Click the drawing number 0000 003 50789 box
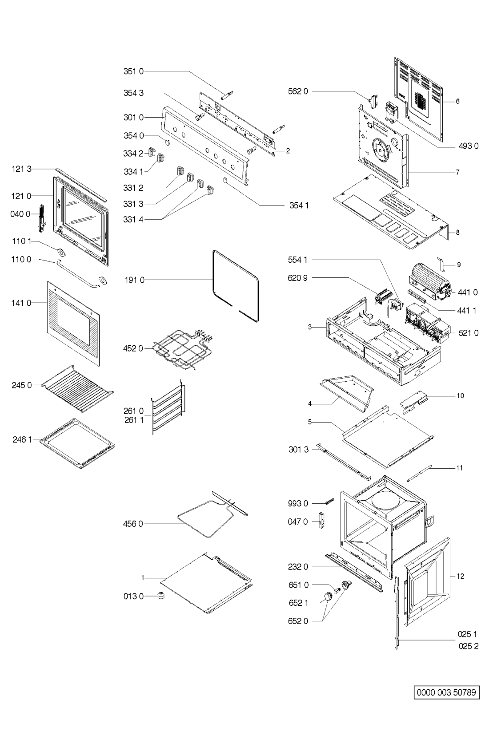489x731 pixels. point(446,692)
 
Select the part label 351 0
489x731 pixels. point(133,71)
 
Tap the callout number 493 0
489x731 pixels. point(469,146)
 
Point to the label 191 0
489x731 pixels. point(134,280)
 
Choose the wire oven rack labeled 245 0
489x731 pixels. point(78,388)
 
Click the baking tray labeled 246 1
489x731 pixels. point(77,444)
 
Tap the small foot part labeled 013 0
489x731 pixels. point(160,596)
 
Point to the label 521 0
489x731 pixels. point(469,333)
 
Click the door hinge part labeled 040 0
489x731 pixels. point(41,218)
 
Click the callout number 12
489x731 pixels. point(460,576)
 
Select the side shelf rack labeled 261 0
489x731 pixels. point(168,407)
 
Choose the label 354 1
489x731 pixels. point(299,205)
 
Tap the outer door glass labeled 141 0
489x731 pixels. point(73,324)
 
